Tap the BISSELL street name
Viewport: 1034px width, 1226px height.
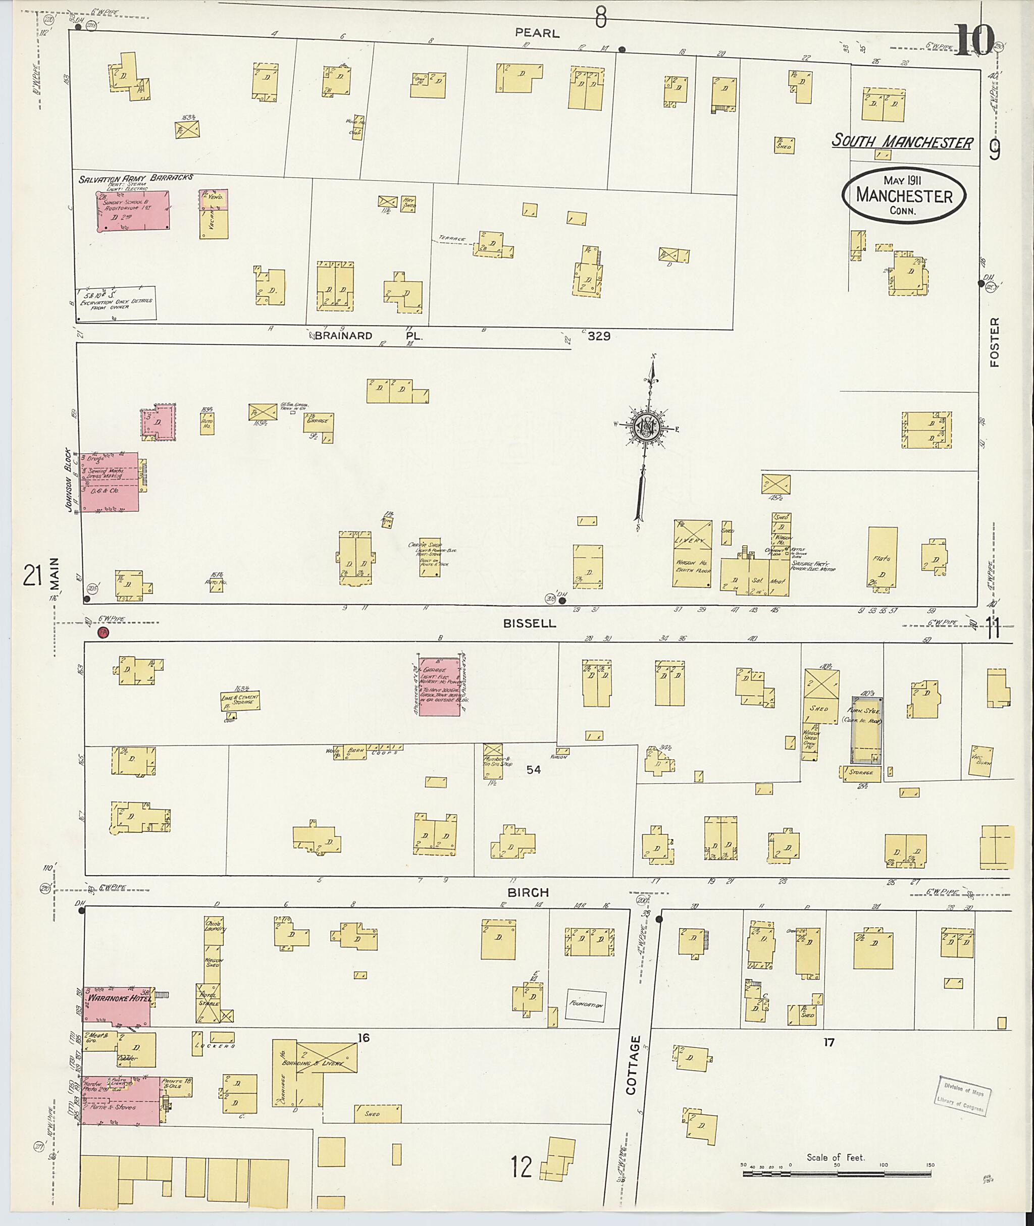(529, 624)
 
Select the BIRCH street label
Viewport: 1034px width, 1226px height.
(528, 892)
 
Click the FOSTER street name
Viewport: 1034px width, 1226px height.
(994, 342)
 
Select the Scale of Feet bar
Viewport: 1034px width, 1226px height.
(838, 1174)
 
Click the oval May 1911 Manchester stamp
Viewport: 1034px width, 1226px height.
(904, 196)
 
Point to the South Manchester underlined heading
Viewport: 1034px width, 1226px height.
(902, 142)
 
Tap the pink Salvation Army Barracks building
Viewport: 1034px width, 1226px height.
(134, 210)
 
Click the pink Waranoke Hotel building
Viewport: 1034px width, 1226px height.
(116, 1005)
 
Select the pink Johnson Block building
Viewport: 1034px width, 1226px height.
(110, 482)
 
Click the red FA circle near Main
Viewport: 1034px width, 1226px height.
(104, 633)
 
